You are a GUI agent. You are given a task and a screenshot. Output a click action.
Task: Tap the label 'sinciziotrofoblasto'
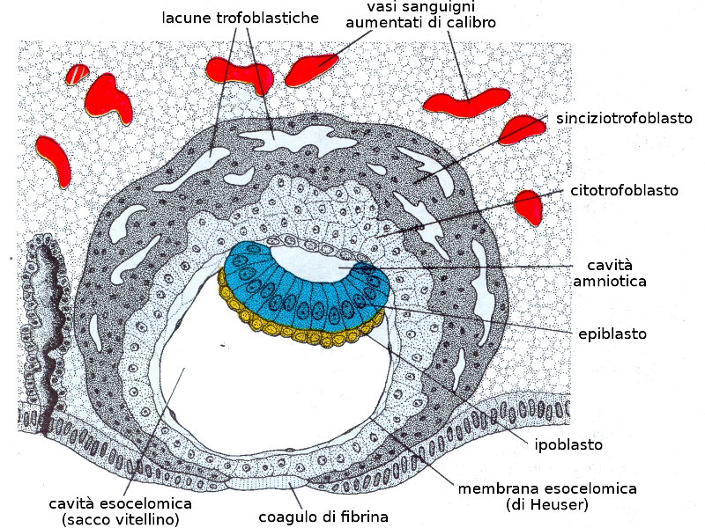click(x=623, y=117)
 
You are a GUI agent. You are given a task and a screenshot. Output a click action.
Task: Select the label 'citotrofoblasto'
click(x=622, y=190)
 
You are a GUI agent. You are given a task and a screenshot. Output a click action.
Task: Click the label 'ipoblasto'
click(x=568, y=444)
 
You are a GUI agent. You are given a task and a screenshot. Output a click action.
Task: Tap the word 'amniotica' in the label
click(x=610, y=282)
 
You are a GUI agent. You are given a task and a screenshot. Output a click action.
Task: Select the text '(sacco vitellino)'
click(x=121, y=519)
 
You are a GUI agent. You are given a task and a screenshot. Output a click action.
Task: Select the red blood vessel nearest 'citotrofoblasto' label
click(x=530, y=206)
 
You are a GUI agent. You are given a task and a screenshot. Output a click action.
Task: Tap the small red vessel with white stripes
click(x=78, y=73)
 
